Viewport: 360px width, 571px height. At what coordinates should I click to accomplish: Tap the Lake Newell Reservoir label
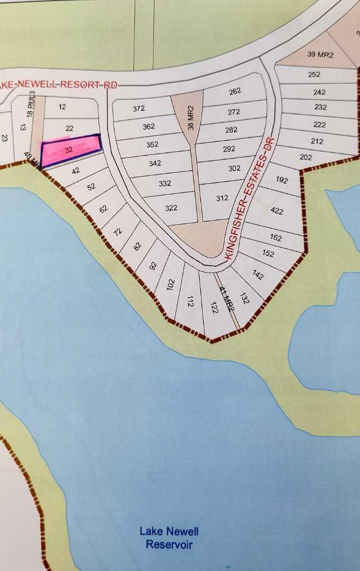click(x=169, y=538)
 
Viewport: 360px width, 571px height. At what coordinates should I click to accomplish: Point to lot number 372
click(x=139, y=108)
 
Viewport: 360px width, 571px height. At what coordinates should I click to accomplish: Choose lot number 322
click(x=171, y=208)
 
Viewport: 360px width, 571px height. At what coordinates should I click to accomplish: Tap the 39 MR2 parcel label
click(x=320, y=55)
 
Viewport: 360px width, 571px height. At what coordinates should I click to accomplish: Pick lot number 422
click(x=277, y=211)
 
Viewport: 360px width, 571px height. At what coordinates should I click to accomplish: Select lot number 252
click(x=314, y=74)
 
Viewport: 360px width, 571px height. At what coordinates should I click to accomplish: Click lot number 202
click(x=306, y=157)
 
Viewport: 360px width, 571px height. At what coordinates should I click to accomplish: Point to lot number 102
click(x=171, y=284)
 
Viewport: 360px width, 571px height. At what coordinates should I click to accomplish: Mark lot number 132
click(x=244, y=298)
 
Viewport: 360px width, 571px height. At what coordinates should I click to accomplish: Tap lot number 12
click(x=62, y=106)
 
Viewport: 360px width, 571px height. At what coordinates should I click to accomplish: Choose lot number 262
click(x=234, y=92)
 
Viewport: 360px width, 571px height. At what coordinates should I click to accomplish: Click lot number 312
click(x=222, y=198)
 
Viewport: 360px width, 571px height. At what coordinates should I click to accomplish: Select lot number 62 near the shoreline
click(x=103, y=209)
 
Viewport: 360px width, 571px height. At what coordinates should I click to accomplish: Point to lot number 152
click(x=268, y=253)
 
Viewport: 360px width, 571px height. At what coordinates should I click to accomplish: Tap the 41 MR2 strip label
click(x=226, y=299)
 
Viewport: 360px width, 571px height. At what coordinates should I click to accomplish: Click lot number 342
click(x=155, y=164)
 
